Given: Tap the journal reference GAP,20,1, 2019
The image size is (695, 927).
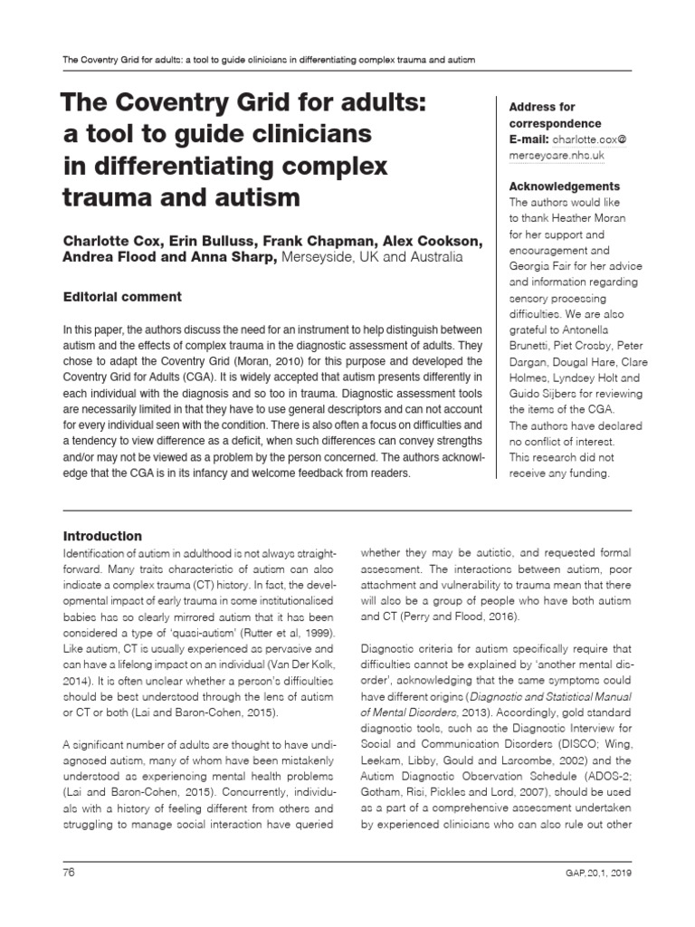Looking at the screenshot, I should (x=591, y=874).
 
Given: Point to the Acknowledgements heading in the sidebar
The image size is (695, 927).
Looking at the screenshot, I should (x=565, y=186).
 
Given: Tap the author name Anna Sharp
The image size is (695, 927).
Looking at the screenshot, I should (x=242, y=257).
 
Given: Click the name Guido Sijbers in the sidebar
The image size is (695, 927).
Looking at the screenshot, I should (x=558, y=394).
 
